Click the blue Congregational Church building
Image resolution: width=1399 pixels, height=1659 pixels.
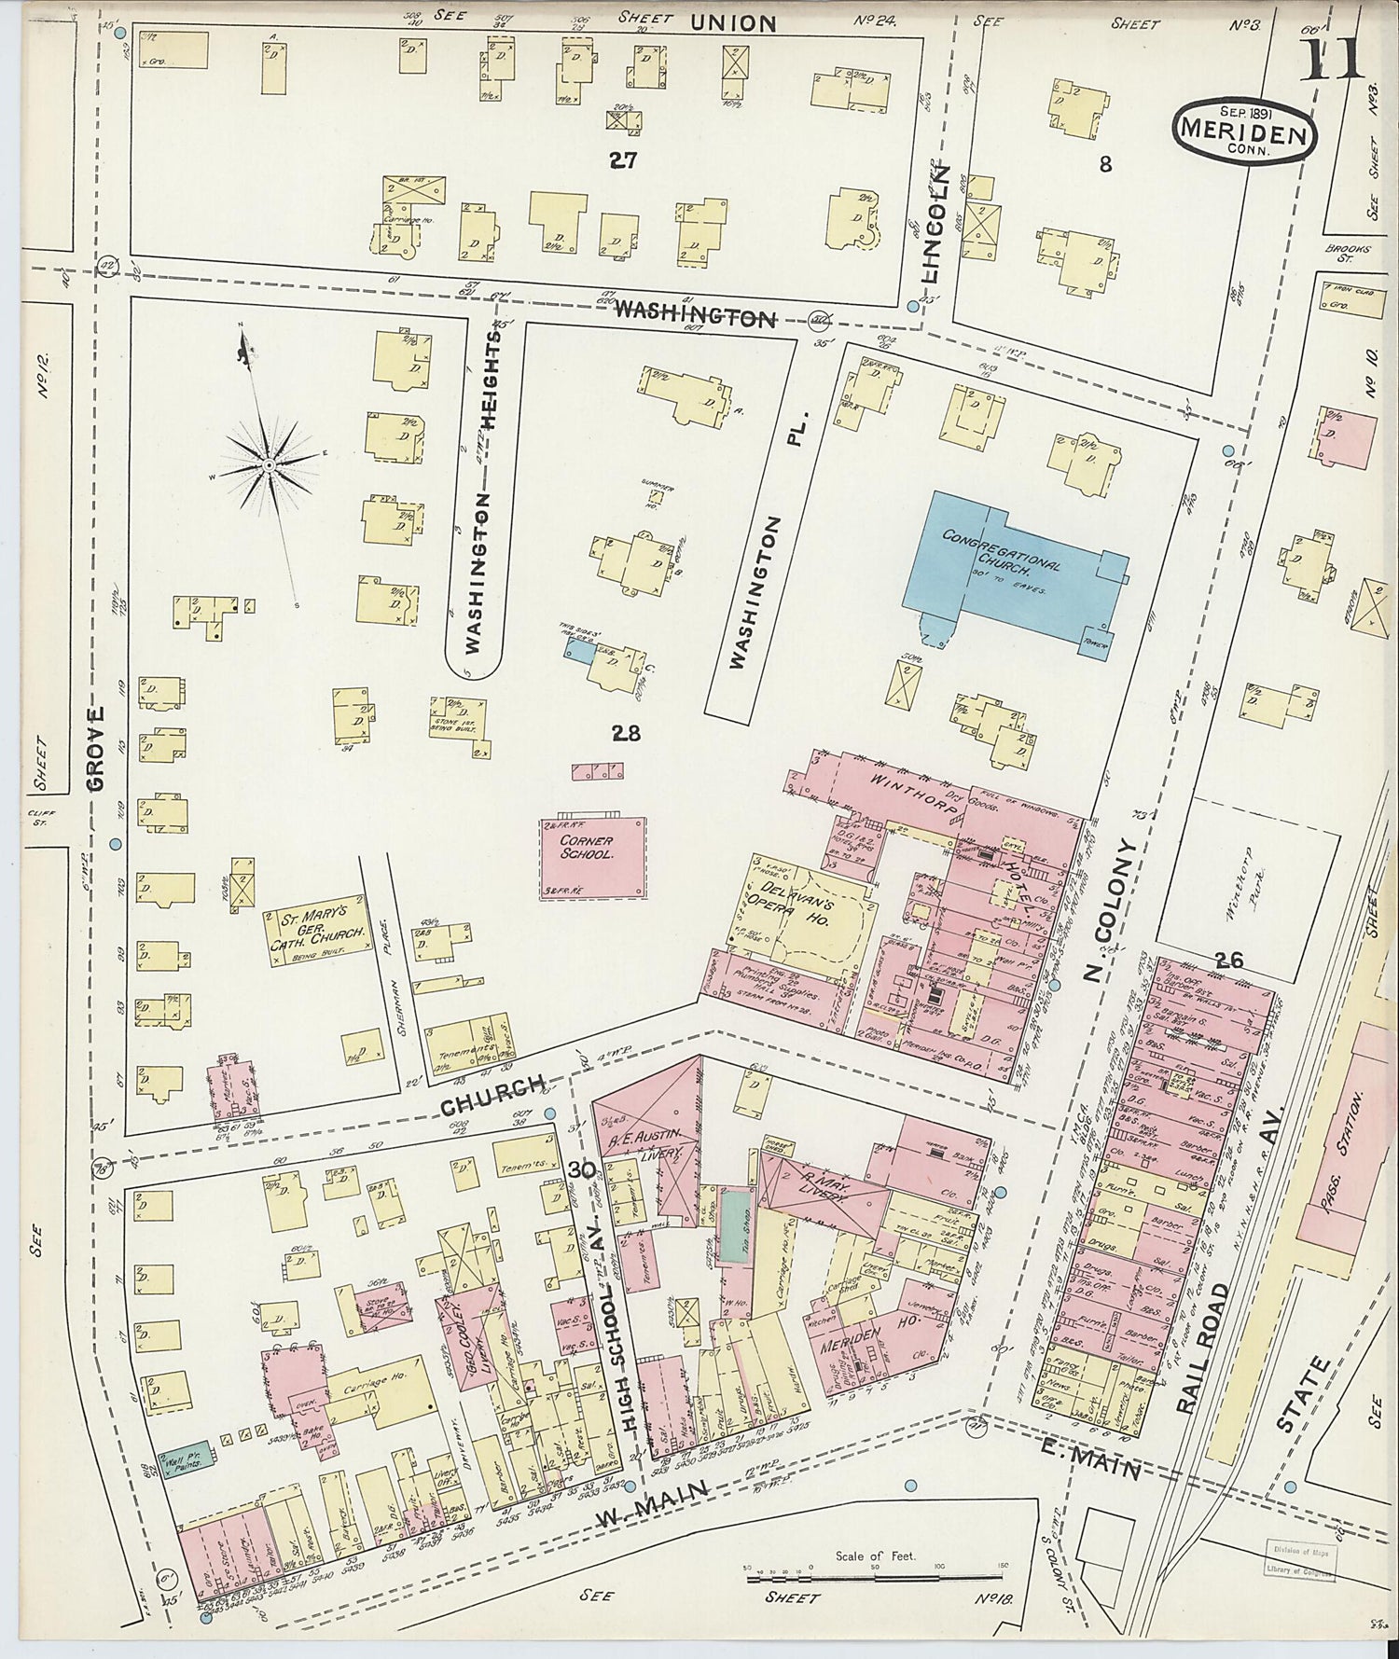(1007, 569)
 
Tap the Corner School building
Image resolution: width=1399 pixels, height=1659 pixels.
(591, 856)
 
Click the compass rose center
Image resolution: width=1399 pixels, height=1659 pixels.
(268, 463)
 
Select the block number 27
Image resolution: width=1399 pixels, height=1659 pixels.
(623, 160)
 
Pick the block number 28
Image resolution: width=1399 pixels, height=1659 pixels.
(626, 733)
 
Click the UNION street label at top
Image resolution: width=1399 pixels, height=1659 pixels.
(733, 23)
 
